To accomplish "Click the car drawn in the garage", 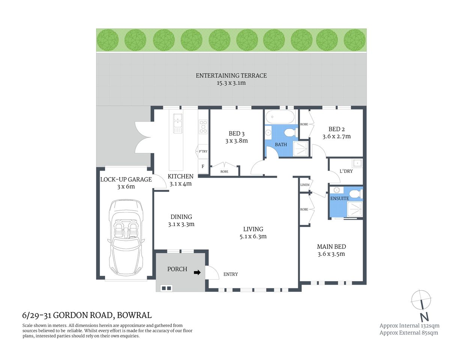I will [x=126, y=237].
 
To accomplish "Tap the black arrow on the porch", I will [x=197, y=273].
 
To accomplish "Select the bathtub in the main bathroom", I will [x=280, y=117].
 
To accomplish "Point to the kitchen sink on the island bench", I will [x=178, y=123].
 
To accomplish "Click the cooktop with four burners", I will [x=203, y=127].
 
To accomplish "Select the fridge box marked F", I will [x=203, y=166].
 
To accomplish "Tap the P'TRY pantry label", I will [x=203, y=151].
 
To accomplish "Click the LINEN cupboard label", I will [x=305, y=185].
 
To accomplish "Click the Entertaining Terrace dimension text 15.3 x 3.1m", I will [x=231, y=83].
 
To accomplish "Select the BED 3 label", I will [x=236, y=133].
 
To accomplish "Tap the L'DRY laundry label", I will [x=346, y=171].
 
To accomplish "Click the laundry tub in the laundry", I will [x=357, y=163].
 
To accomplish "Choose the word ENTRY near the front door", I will [x=230, y=274].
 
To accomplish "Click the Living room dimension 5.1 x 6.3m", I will [x=253, y=237].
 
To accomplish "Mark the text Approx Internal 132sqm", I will [x=409, y=325].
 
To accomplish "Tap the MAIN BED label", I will [x=331, y=246].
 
